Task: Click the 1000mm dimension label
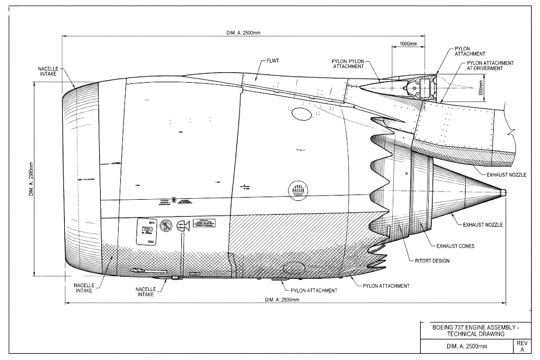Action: tap(409, 43)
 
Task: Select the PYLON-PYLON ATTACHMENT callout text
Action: tap(349, 64)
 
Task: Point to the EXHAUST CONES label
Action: tap(456, 246)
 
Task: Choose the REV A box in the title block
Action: tap(523, 346)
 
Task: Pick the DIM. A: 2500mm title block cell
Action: tap(467, 346)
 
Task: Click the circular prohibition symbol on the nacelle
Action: tap(166, 226)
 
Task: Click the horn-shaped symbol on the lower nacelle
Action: tap(184, 227)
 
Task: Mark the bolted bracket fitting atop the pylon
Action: tap(425, 86)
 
